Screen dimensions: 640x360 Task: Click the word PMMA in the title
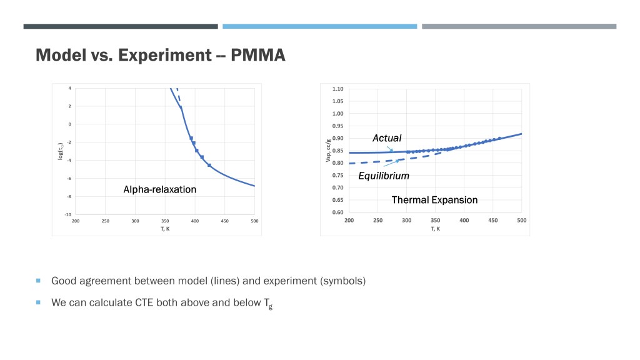click(258, 55)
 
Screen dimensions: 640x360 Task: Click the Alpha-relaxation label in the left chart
click(159, 189)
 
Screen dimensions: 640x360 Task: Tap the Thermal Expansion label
click(435, 200)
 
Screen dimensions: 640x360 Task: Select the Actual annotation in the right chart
click(387, 138)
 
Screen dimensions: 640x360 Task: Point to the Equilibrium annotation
click(384, 176)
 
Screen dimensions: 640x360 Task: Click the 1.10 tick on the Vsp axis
click(337, 89)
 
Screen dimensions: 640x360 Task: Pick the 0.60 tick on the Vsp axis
click(337, 212)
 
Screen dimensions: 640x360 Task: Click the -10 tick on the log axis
click(67, 214)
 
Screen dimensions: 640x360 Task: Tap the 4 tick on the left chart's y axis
click(70, 88)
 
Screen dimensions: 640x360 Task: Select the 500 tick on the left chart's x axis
click(255, 221)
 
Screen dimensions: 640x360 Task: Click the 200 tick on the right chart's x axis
click(349, 221)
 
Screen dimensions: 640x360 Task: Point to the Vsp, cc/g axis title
click(327, 151)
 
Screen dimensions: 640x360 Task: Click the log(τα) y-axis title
click(61, 151)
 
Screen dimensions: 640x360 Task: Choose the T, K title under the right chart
click(436, 229)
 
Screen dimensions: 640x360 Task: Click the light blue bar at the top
click(319, 26)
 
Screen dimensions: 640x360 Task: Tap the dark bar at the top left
click(121, 26)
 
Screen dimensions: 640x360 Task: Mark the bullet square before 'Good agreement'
click(38, 281)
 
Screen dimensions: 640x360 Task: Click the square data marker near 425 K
click(209, 165)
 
